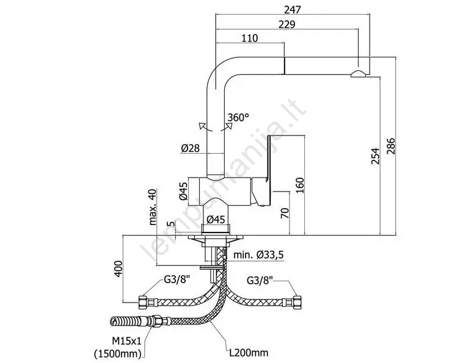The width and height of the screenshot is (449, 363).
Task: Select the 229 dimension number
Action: pyautogui.click(x=287, y=24)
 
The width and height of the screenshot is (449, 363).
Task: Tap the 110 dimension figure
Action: pyautogui.click(x=250, y=38)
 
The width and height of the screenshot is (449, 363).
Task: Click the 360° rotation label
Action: pyautogui.click(x=239, y=117)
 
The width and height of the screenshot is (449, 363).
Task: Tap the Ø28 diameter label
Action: pyautogui.click(x=191, y=148)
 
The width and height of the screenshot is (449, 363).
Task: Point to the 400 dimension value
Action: pyautogui.click(x=119, y=268)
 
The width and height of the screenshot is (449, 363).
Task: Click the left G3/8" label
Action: pyautogui.click(x=175, y=281)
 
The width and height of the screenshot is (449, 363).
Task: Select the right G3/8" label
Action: pyautogui.click(x=260, y=281)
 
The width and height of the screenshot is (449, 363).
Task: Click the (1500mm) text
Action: pyautogui.click(x=118, y=352)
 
